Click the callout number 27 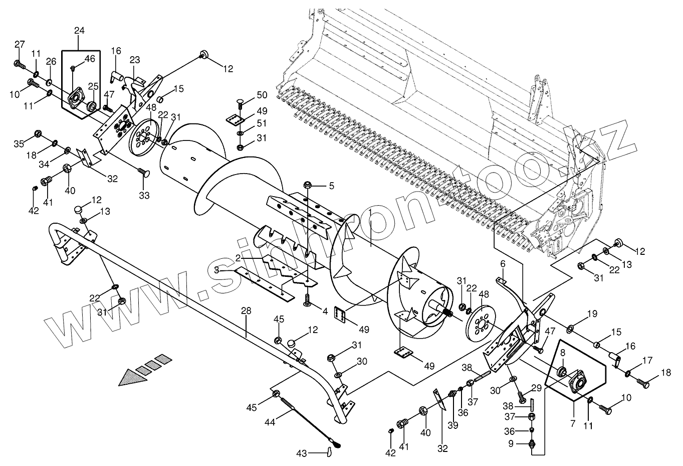click(20, 45)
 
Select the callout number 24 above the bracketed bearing click(79, 31)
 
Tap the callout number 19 click(592, 315)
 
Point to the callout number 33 click(144, 195)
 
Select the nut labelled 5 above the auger click(308, 186)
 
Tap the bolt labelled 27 click(19, 64)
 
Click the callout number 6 click(503, 263)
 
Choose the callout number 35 click(19, 144)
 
